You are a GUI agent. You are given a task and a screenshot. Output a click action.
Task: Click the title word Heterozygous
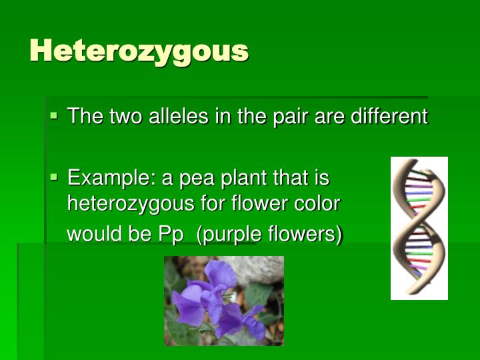pyautogui.click(x=139, y=51)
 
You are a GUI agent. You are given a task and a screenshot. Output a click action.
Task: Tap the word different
pyautogui.click(x=389, y=116)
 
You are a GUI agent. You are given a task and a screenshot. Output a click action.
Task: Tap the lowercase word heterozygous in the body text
pyautogui.click(x=131, y=204)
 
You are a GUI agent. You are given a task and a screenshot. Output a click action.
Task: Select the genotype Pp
pyautogui.click(x=171, y=235)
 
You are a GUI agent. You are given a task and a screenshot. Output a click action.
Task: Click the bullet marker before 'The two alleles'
pyautogui.click(x=53, y=115)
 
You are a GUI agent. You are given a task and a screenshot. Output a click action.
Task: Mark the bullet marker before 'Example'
pyautogui.click(x=53, y=177)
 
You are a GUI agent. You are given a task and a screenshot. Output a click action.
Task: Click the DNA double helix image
pyautogui.click(x=419, y=228)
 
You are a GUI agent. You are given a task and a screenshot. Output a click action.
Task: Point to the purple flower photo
pyautogui.click(x=224, y=301)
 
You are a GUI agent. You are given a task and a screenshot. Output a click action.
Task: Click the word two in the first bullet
pyautogui.click(x=125, y=116)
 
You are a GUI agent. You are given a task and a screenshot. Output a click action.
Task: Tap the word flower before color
pyautogui.click(x=259, y=203)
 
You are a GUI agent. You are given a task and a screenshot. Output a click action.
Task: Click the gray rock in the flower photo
pyautogui.click(x=255, y=270)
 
